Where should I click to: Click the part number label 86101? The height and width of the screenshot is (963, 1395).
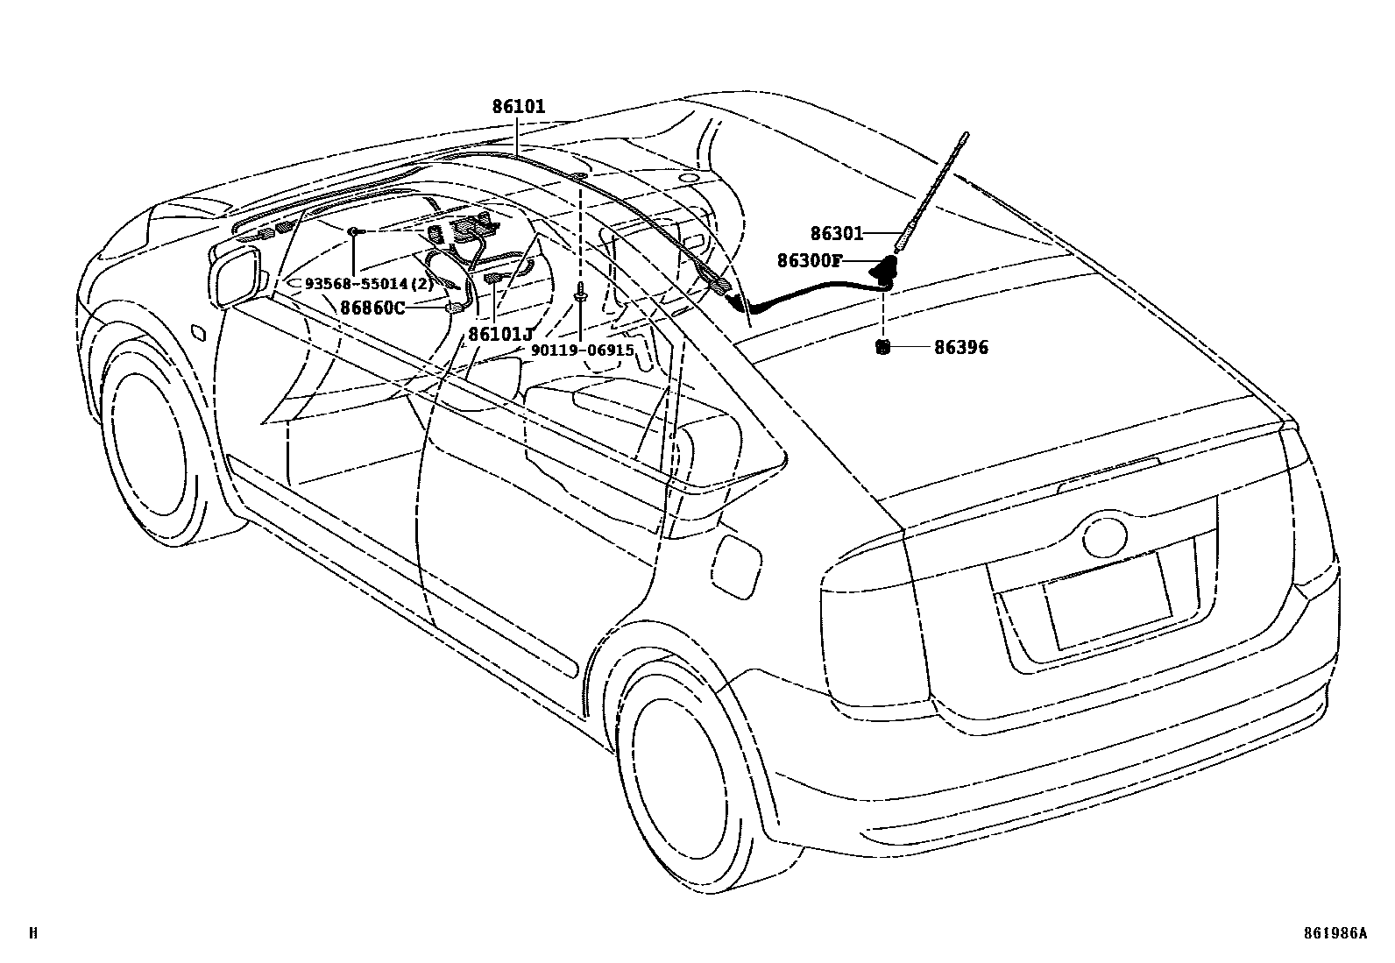(x=518, y=107)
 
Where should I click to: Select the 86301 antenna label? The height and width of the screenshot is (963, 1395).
(x=836, y=234)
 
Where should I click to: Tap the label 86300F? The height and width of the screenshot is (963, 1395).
(x=809, y=260)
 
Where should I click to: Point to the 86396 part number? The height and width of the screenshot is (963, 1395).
(x=960, y=347)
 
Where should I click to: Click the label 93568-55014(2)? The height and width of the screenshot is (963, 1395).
(x=369, y=284)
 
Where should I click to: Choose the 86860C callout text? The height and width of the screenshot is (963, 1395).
(x=372, y=308)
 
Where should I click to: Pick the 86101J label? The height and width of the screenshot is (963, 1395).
(x=500, y=334)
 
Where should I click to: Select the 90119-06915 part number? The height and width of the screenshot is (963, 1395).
(x=582, y=350)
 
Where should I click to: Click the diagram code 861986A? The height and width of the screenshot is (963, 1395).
(x=1335, y=933)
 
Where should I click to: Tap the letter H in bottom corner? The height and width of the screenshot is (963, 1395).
(x=33, y=933)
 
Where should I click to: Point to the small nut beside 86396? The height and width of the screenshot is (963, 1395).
(x=883, y=347)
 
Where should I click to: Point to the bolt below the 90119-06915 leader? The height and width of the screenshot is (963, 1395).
(x=581, y=297)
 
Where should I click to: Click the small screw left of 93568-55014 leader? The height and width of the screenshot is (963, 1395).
(x=351, y=230)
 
